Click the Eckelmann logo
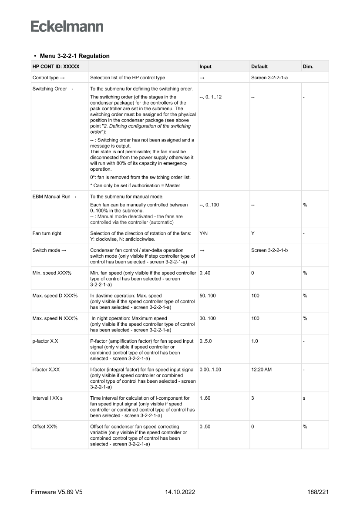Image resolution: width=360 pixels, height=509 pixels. click(x=67, y=26)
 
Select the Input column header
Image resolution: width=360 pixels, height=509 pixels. click(x=205, y=67)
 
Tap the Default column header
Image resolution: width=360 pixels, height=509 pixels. click(x=259, y=67)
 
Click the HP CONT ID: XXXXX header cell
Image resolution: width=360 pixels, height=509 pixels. click(x=50, y=67)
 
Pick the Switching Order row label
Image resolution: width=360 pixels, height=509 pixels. click(x=53, y=89)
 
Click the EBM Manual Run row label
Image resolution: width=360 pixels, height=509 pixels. click(x=54, y=197)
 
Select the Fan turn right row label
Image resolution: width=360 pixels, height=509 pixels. click(x=47, y=233)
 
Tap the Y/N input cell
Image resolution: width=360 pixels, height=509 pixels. click(x=204, y=233)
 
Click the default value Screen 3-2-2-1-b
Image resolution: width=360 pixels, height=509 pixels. click(x=269, y=250)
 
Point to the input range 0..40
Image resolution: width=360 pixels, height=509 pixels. click(x=205, y=273)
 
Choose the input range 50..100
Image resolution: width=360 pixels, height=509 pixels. click(x=207, y=296)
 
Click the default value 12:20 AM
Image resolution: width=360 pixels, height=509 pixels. click(x=261, y=370)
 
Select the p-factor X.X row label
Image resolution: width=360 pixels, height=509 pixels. click(x=45, y=341)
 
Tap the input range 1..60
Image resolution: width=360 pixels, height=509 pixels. click(x=205, y=398)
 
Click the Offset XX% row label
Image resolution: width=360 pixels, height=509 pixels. click(x=44, y=426)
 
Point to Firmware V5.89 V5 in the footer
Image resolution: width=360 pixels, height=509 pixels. click(x=57, y=492)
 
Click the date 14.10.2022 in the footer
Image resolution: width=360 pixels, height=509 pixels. click(x=180, y=492)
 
